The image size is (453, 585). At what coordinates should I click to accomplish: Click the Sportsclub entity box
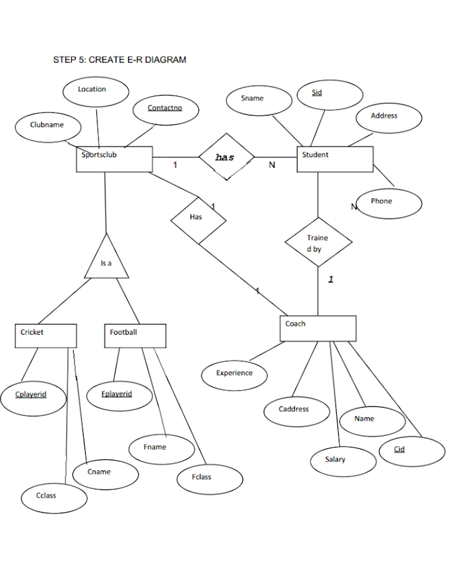114,159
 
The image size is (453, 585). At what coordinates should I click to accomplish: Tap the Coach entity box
317,328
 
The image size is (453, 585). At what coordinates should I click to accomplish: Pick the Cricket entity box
46,335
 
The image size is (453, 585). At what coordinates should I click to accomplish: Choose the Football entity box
135,335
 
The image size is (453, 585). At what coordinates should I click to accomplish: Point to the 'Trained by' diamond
318,242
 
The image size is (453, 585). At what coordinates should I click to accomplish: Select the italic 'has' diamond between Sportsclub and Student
226,158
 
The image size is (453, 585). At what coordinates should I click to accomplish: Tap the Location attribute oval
96,91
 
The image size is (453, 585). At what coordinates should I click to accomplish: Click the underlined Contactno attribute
165,110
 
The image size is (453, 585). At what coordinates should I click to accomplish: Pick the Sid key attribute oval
329,95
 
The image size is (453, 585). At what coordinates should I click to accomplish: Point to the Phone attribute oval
389,202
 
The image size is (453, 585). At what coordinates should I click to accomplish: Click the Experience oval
234,375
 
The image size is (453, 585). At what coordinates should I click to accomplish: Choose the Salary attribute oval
342,461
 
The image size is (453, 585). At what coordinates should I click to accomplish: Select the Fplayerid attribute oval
117,396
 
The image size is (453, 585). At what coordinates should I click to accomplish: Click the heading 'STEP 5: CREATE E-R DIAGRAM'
119,60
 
